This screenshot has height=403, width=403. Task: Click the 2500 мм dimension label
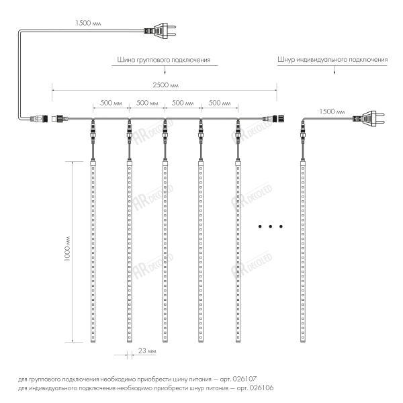tap(165, 85)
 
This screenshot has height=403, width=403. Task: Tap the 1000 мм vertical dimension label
tap(67, 249)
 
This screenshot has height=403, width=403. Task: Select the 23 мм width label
tap(147, 351)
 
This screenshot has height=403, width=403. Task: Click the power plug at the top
tap(160, 31)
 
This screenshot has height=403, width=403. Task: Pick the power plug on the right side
tap(369, 118)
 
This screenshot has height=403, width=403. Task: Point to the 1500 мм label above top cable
tap(88, 23)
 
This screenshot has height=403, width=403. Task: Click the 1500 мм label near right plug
tap(332, 111)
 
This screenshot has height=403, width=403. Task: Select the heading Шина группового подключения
tap(164, 60)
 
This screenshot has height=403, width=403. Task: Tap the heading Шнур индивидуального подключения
tap(332, 60)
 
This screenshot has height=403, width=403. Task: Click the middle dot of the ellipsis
tap(271, 226)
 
